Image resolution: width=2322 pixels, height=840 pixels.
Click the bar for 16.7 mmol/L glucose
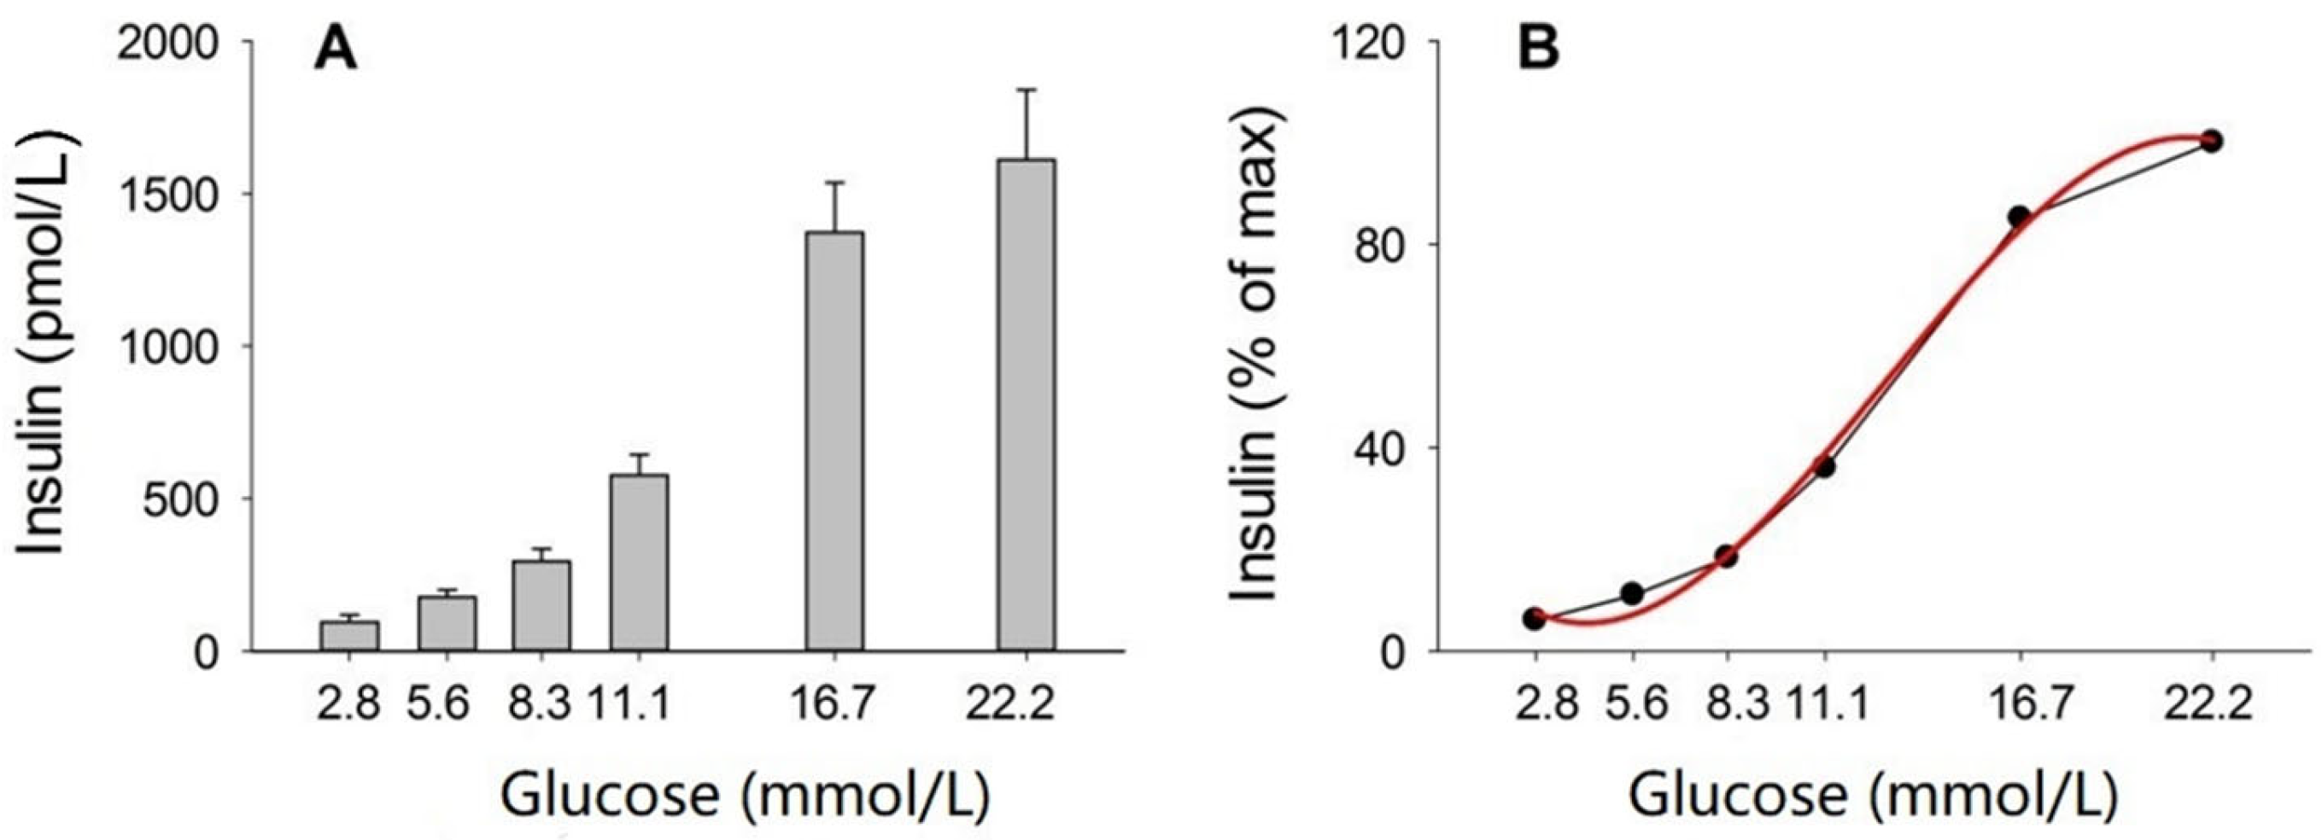coord(834,441)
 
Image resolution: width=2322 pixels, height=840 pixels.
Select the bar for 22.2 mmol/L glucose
coord(1026,405)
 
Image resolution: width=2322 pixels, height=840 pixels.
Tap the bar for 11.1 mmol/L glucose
coord(639,563)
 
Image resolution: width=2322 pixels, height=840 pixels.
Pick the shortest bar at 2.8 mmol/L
coord(350,635)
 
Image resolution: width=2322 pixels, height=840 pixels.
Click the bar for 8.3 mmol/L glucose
coord(541,604)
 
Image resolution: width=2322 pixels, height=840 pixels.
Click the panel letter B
coord(1539,50)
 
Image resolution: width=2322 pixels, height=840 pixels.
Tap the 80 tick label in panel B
coord(1381,245)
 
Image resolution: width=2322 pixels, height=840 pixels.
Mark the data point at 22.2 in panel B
coord(2211,141)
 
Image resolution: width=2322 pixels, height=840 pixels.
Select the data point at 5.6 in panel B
coord(1631,593)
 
